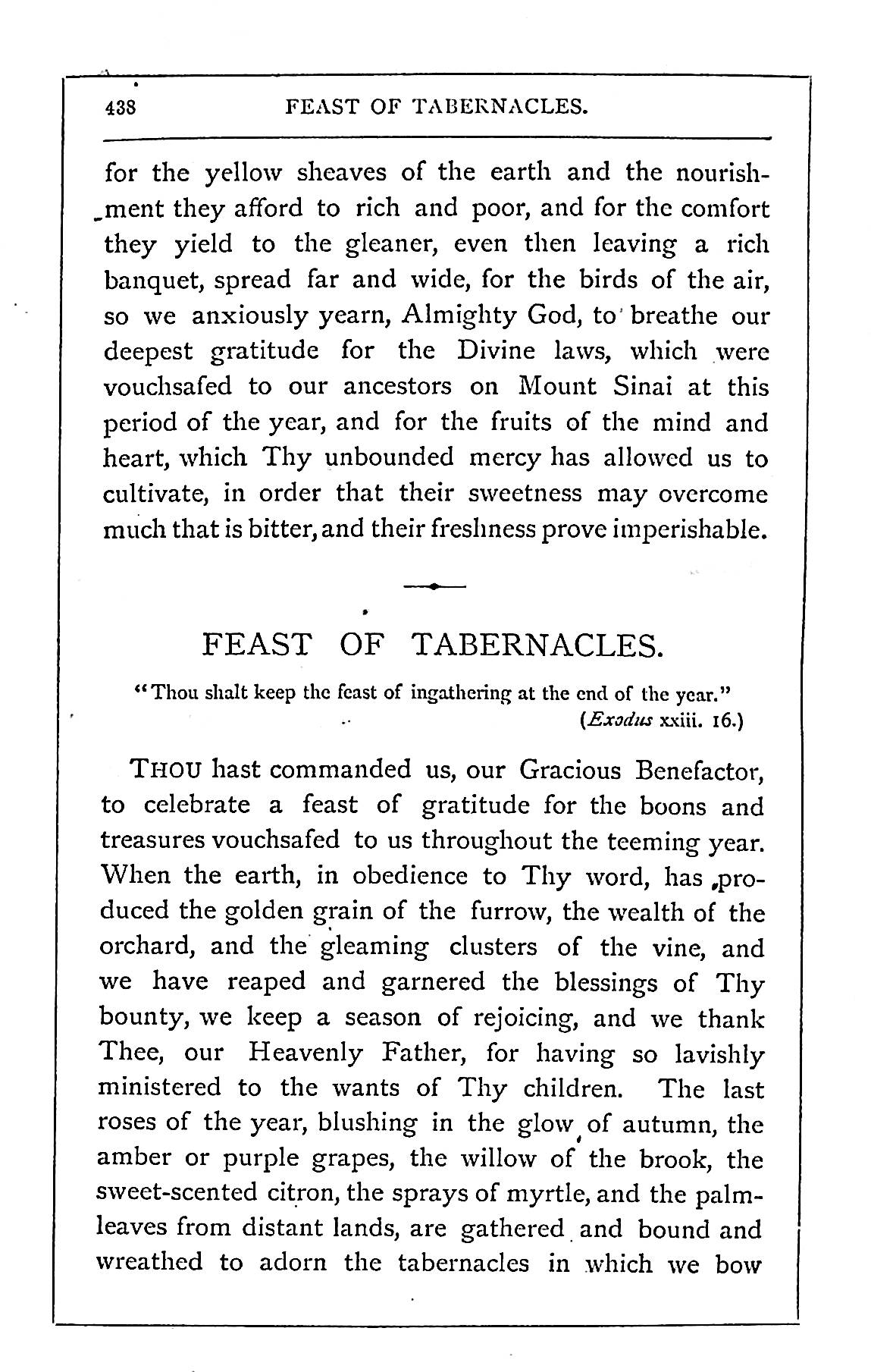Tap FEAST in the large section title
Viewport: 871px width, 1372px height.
click(257, 645)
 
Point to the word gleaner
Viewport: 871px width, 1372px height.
click(388, 245)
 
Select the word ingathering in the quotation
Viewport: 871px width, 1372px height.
click(461, 692)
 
